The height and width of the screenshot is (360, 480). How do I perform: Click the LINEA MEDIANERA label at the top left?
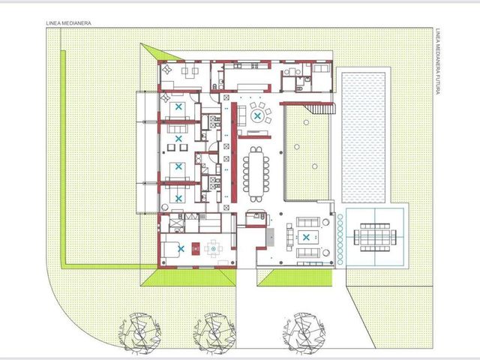[x=68, y=23]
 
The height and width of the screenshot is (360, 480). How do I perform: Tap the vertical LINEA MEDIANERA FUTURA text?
[x=437, y=61]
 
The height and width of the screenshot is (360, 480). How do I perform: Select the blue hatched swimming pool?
[x=363, y=137]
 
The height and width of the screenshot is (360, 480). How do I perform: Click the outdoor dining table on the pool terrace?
[x=375, y=237]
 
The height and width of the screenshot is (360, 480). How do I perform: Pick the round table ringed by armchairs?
[x=257, y=116]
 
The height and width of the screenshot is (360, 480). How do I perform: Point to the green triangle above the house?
[x=160, y=52]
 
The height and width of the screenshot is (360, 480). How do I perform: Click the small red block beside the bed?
[x=196, y=248]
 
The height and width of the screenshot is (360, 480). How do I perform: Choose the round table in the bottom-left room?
[x=214, y=248]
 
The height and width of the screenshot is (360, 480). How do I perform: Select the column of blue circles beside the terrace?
[x=340, y=240]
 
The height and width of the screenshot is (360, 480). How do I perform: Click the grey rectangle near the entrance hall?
[x=270, y=237]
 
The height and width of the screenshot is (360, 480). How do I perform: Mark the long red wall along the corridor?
[x=234, y=152]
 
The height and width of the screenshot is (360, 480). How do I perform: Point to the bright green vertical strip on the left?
[x=63, y=158]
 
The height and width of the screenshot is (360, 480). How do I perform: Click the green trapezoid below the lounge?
[x=295, y=278]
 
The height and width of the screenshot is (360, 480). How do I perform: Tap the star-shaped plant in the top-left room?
[x=167, y=70]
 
